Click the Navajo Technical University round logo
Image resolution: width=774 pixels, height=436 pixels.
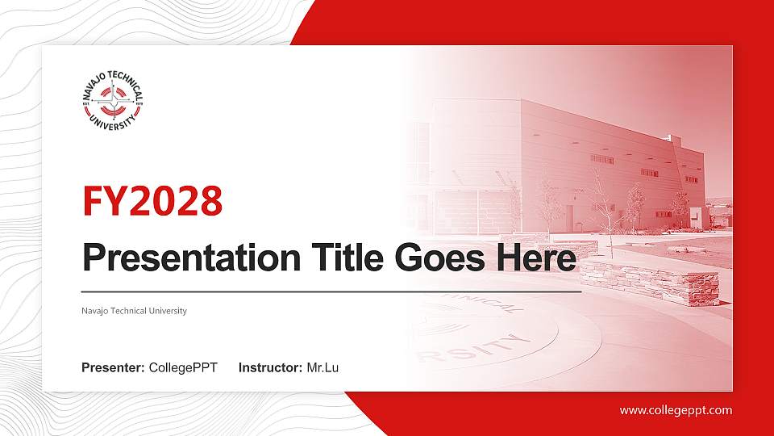(112, 102)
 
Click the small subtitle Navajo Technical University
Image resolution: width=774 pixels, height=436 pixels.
(134, 311)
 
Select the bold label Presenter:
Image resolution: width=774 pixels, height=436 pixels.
(113, 368)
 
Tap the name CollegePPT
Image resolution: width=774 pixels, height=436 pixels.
(183, 368)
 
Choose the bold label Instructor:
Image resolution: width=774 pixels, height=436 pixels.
(270, 368)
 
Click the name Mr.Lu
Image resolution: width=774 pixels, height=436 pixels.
(322, 368)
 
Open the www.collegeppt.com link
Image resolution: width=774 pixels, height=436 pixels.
(676, 410)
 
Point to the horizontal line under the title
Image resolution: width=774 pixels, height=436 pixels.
(331, 291)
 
